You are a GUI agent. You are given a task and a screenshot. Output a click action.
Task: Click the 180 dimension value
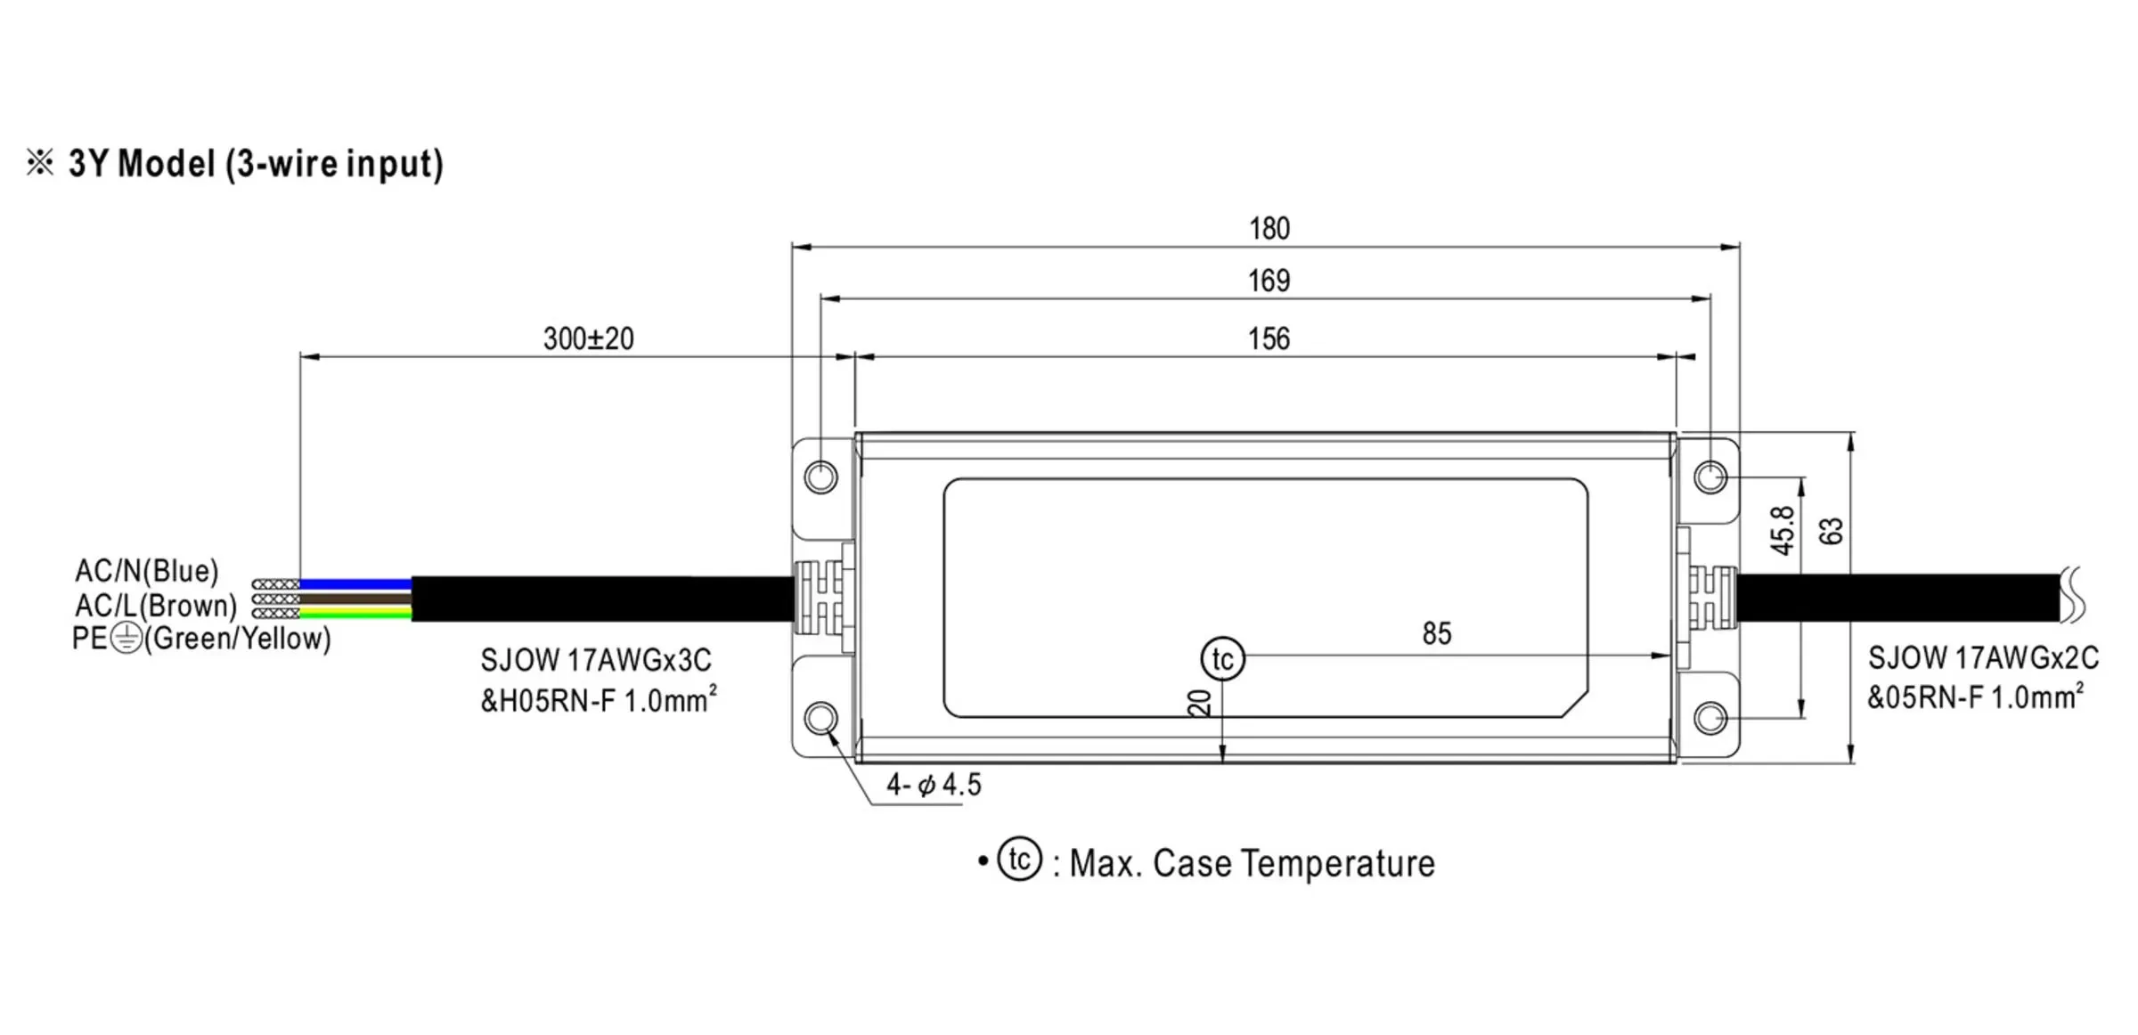[x=1269, y=229]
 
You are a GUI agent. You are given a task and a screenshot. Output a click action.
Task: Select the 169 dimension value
[x=1269, y=281]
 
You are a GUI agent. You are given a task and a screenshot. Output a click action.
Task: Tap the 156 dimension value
[x=1269, y=339]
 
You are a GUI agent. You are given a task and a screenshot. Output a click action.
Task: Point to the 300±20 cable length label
[x=589, y=338]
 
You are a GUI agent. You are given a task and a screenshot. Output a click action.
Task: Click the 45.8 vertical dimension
[x=1783, y=531]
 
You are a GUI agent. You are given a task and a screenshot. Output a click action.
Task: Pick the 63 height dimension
[x=1832, y=532]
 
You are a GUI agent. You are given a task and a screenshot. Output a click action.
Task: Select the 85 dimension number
[x=1437, y=633]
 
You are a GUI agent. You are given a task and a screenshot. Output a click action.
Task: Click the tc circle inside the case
[x=1223, y=659]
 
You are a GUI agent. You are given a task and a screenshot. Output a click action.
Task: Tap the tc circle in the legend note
[x=1020, y=860]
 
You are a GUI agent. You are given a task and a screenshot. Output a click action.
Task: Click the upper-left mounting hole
[x=820, y=477]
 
